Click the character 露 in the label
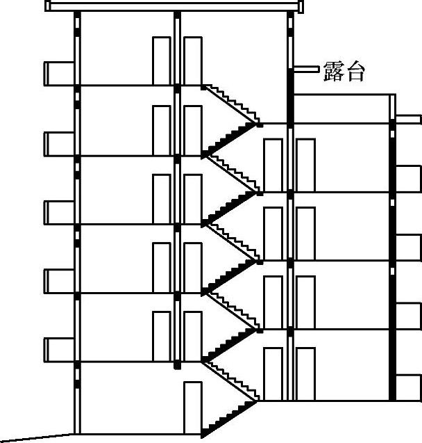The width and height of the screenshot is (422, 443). pyautogui.click(x=333, y=71)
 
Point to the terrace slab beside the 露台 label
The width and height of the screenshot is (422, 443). pyautogui.click(x=305, y=69)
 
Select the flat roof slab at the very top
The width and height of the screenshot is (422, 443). pyautogui.click(x=174, y=6)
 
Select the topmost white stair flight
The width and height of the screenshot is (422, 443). pyautogui.click(x=230, y=104)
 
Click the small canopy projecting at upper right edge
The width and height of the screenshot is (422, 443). pyautogui.click(x=410, y=118)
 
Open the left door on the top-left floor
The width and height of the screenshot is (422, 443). pyautogui.click(x=161, y=61)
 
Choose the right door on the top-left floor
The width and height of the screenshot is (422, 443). pyautogui.click(x=192, y=61)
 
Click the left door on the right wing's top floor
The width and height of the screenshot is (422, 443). pyautogui.click(x=273, y=165)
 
